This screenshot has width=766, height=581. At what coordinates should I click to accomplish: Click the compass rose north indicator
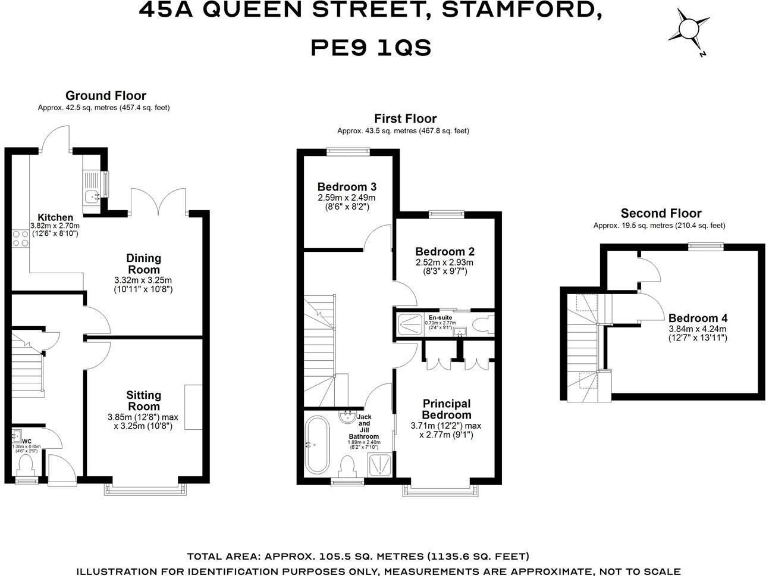[690, 30]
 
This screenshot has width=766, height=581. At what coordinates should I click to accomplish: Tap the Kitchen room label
[55, 217]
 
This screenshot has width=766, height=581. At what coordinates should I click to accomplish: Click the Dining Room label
[143, 264]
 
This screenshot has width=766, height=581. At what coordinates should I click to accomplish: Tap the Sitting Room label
[143, 401]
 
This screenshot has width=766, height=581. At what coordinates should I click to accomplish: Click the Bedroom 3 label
[347, 186]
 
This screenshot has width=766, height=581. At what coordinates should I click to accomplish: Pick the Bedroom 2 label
[445, 252]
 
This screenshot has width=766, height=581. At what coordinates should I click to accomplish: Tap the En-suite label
[440, 317]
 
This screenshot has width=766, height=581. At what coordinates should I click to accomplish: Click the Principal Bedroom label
[446, 409]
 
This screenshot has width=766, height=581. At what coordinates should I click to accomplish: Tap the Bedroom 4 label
[698, 318]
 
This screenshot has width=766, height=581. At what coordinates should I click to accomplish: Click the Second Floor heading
[661, 213]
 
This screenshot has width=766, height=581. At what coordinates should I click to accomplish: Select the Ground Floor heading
[105, 95]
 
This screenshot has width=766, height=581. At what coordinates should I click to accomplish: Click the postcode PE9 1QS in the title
[371, 48]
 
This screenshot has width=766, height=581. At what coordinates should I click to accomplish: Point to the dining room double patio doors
[158, 202]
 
